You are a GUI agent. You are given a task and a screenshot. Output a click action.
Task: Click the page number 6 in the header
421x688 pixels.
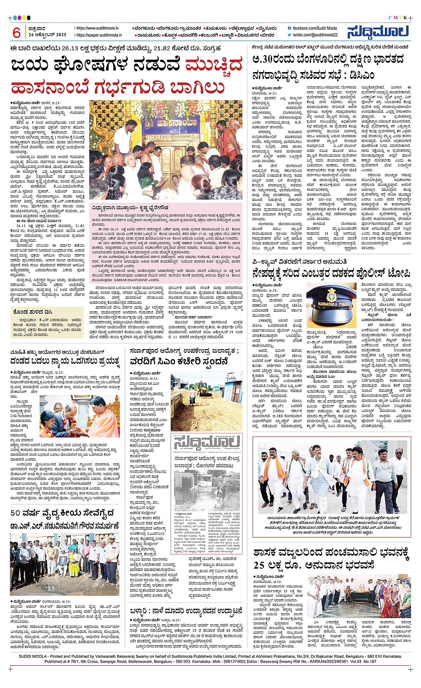[16, 32]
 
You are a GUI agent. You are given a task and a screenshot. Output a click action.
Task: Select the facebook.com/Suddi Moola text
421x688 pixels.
[314, 28]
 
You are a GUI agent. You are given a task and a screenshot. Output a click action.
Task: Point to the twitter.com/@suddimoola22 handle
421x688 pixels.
[315, 35]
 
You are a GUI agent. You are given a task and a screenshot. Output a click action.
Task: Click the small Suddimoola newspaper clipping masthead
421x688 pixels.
[207, 444]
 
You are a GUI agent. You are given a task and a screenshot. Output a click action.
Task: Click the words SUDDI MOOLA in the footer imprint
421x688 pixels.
[33, 656]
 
